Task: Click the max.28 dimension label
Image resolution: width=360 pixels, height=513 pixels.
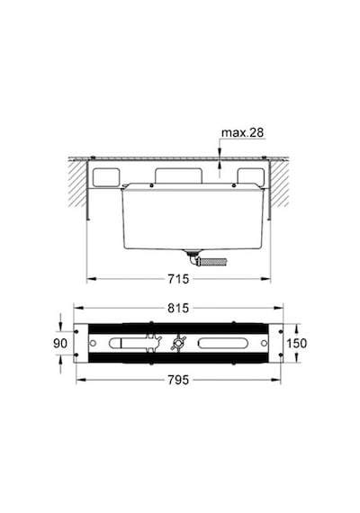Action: (x=242, y=132)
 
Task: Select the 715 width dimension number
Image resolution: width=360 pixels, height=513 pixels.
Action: (x=178, y=279)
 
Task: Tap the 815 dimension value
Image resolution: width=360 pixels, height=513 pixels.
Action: (x=178, y=308)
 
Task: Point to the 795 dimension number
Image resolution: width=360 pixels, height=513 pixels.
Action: (x=178, y=380)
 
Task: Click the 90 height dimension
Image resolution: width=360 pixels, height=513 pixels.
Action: (x=60, y=343)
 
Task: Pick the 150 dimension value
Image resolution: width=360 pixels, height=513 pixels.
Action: (x=297, y=343)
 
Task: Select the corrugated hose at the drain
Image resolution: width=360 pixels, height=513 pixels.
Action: (x=214, y=262)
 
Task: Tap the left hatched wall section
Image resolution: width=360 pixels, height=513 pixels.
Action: (x=77, y=184)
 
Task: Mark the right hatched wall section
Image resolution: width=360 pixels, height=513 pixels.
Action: (x=280, y=184)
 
